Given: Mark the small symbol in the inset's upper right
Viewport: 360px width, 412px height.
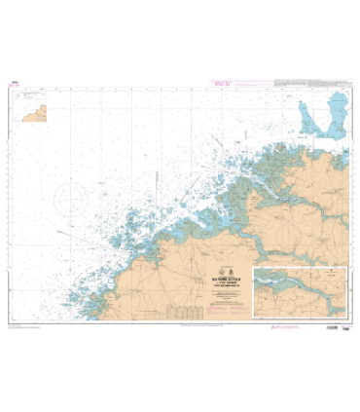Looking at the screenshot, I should point(336,275).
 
